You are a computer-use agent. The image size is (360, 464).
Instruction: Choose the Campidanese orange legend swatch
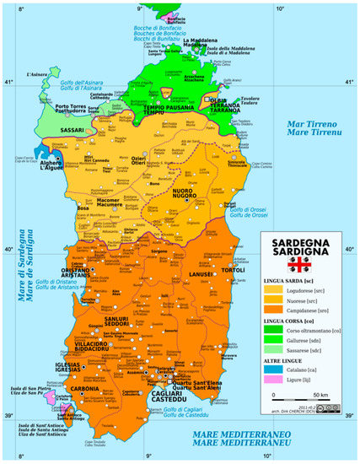[275, 310]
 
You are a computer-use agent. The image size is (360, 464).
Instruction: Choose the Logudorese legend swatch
[275, 289]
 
